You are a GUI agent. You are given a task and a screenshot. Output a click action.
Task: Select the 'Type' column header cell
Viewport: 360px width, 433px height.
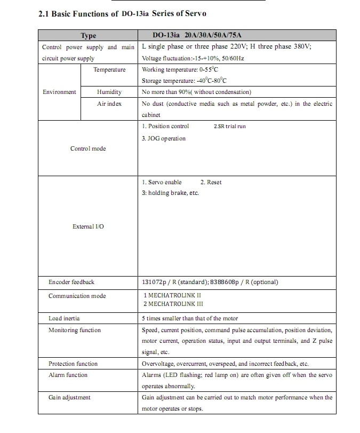point(88,36)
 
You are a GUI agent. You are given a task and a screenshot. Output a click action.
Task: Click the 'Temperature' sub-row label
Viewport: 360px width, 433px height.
point(109,70)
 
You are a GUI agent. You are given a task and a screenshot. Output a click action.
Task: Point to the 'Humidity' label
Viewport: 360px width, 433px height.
point(109,92)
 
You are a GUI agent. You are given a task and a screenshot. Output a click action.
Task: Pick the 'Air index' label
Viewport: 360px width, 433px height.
point(109,104)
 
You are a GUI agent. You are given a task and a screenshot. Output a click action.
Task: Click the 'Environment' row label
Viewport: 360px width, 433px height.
point(59,92)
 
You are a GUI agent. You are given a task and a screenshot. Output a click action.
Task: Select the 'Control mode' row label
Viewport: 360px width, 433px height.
point(88,148)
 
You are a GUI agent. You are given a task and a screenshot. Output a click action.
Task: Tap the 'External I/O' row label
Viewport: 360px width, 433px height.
point(88,226)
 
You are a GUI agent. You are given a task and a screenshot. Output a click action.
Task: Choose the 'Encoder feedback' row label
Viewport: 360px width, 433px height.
point(71,282)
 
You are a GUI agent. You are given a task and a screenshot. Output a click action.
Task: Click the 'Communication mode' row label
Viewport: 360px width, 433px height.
point(77,296)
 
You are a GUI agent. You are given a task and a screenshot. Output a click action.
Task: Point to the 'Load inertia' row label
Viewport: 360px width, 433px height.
point(64,318)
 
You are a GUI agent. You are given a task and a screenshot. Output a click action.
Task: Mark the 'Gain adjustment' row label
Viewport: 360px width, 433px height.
point(69,397)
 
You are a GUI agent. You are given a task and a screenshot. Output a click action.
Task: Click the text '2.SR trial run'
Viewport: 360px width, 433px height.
point(229,127)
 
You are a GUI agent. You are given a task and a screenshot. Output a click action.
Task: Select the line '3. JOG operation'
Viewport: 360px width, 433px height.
point(164,139)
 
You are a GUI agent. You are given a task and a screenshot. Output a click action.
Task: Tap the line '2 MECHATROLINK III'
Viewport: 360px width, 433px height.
point(173,304)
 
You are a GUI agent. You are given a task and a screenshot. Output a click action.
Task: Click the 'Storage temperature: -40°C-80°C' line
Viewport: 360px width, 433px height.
point(184,81)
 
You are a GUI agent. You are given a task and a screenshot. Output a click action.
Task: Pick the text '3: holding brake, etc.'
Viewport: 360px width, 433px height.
point(170,193)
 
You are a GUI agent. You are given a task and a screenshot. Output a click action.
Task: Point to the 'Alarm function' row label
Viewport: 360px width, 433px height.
point(68,375)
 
